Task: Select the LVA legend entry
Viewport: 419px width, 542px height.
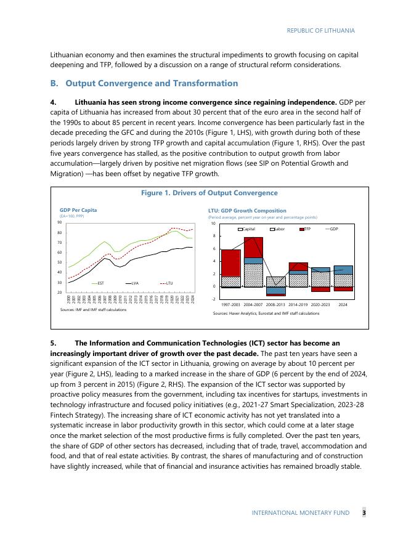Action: click(x=134, y=283)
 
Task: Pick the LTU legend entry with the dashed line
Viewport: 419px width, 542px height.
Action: click(x=167, y=283)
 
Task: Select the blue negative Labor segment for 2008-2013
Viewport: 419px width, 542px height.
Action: click(x=276, y=290)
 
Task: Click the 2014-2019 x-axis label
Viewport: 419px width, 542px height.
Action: click(x=298, y=304)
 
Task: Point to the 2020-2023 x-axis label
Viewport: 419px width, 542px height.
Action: click(x=320, y=304)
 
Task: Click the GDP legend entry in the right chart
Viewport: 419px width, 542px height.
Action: click(x=333, y=229)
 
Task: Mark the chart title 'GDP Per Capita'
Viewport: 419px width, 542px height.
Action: click(x=78, y=210)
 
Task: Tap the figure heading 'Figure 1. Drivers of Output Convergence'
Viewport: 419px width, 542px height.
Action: click(x=209, y=193)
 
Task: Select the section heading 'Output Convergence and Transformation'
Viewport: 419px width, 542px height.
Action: click(x=151, y=83)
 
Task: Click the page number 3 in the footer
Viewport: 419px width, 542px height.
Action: click(x=364, y=512)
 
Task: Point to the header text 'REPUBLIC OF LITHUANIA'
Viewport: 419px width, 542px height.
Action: click(x=321, y=30)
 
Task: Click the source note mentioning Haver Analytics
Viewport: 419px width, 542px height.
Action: click(x=266, y=313)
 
